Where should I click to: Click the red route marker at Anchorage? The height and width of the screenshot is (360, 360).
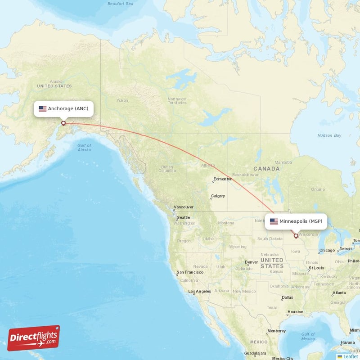(63, 123)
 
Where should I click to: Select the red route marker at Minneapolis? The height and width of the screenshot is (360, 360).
(296, 235)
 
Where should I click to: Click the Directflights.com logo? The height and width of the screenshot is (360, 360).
(34, 338)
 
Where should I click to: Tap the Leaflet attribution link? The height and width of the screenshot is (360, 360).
(350, 356)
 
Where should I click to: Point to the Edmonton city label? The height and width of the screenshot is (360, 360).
(223, 179)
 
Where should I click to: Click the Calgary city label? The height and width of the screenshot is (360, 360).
(218, 196)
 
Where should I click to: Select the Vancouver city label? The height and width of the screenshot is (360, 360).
(184, 207)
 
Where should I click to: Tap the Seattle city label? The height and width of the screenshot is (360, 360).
(183, 217)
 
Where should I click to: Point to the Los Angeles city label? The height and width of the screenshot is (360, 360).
(200, 291)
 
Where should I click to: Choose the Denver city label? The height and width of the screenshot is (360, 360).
(251, 262)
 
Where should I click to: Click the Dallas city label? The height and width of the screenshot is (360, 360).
(287, 297)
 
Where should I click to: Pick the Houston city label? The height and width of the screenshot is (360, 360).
(296, 311)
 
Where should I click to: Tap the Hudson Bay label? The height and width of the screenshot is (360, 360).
(329, 135)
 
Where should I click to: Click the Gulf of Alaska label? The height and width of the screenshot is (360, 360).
(84, 148)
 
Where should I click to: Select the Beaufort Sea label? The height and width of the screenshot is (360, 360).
(121, 4)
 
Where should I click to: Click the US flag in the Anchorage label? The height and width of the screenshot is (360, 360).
(43, 108)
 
